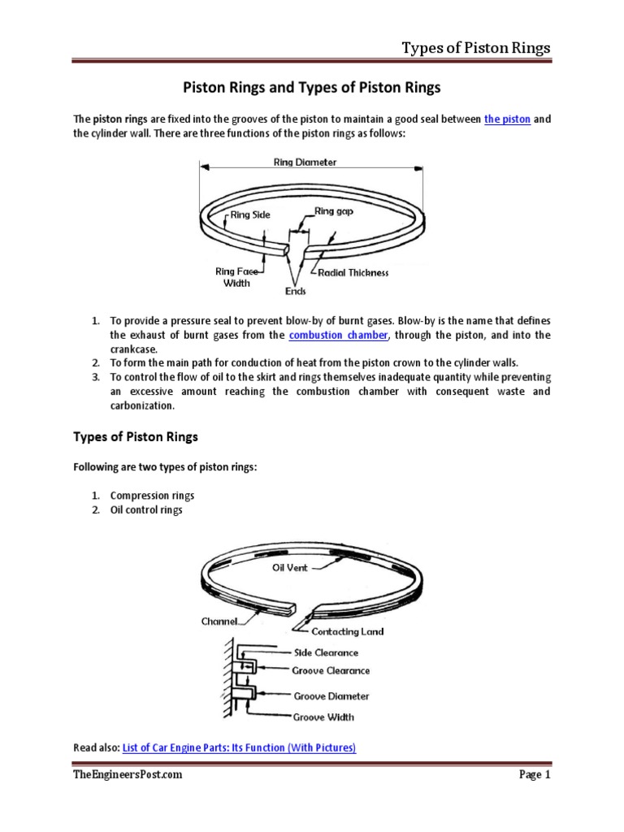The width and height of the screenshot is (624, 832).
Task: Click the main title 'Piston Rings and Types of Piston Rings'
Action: pyautogui.click(x=311, y=87)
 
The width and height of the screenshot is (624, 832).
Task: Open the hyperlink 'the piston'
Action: pyautogui.click(x=507, y=119)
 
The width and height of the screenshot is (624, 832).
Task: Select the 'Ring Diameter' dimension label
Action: pyautogui.click(x=305, y=162)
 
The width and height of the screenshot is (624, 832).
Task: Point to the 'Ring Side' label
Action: pyautogui.click(x=250, y=215)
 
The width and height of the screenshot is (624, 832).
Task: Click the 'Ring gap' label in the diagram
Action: pyautogui.click(x=336, y=211)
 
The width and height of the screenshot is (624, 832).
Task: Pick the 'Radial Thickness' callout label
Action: pyautogui.click(x=353, y=273)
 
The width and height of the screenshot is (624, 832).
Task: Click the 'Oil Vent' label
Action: pyautogui.click(x=290, y=568)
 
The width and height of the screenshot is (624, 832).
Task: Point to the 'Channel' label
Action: pyautogui.click(x=220, y=622)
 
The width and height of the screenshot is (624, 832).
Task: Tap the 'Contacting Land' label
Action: pyautogui.click(x=349, y=631)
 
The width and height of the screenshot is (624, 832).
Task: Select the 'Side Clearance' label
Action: pyautogui.click(x=325, y=652)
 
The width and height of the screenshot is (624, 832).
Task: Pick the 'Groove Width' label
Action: pyautogui.click(x=323, y=717)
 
